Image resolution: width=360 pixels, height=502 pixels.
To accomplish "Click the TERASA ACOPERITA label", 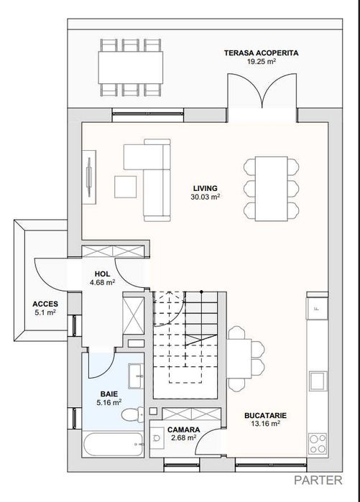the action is (x=261, y=53).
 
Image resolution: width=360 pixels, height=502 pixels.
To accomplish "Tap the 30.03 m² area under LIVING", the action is (x=206, y=197).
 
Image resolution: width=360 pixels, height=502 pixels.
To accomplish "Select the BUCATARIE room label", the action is (x=266, y=416).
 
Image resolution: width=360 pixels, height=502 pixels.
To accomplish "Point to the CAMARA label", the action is (x=184, y=429).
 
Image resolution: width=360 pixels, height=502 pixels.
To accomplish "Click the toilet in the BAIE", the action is (x=133, y=414).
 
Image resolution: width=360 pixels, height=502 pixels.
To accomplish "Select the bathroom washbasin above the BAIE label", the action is (x=136, y=376).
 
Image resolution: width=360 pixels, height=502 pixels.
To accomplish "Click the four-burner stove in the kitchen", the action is (x=318, y=444).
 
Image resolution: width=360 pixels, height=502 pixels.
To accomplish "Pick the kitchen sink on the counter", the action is (x=318, y=381).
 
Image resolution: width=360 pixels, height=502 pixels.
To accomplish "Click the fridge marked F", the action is (x=317, y=309).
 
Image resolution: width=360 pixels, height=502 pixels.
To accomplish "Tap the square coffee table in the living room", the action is (x=125, y=187).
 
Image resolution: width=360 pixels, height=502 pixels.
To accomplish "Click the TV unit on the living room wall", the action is (x=89, y=177).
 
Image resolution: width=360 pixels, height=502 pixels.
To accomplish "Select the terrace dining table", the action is (x=130, y=68).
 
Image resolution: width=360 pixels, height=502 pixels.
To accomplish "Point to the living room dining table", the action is (x=272, y=189).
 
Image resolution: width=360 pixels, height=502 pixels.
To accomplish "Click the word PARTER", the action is (x=318, y=480).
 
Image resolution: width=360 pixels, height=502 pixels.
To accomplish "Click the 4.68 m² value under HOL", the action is (x=103, y=283).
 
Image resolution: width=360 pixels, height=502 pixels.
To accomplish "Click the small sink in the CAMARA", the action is (x=156, y=437).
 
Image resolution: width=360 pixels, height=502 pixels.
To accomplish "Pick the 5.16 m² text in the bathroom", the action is (x=109, y=402).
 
